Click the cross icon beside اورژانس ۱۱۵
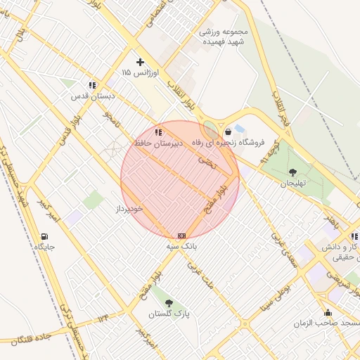pyautogui.click(x=140, y=63)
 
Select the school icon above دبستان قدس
pyautogui.click(x=92, y=84)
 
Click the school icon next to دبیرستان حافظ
pyautogui.click(x=159, y=131)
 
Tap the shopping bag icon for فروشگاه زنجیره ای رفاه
pyautogui.click(x=228, y=131)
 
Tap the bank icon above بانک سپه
pyautogui.click(x=182, y=236)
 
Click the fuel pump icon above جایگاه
pyautogui.click(x=45, y=236)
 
